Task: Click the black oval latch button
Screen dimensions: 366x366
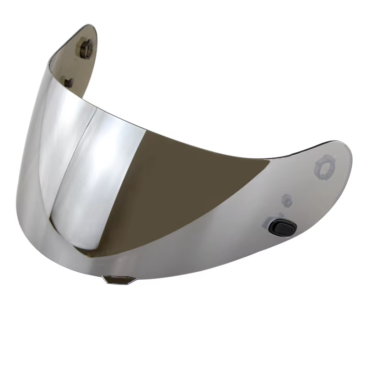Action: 282,227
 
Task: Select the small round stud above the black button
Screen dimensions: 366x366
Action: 287,199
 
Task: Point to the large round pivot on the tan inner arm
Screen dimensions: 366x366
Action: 86,48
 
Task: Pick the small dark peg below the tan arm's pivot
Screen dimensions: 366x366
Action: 69,83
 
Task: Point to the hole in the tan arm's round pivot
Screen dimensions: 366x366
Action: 86,48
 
